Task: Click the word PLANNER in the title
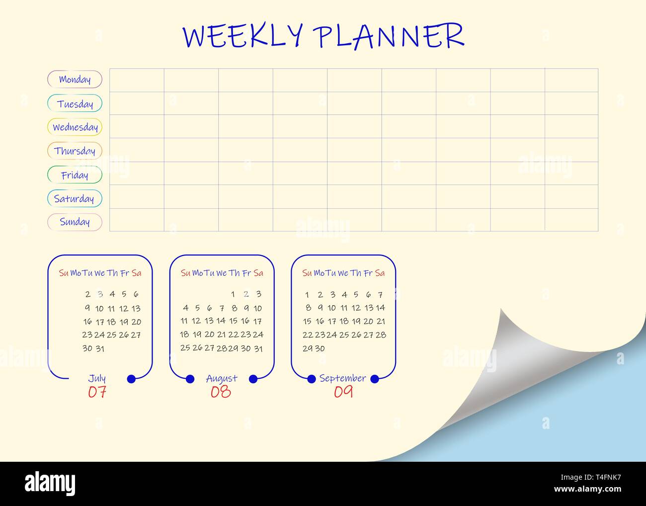tap(389, 36)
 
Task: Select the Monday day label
tap(75, 80)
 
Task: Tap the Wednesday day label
tap(75, 127)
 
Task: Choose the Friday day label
tap(75, 175)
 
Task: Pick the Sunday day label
tap(75, 222)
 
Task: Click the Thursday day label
tap(75, 151)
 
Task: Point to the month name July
tap(96, 379)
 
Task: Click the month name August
tap(222, 379)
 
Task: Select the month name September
tap(343, 379)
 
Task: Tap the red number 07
tap(97, 392)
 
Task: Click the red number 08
tap(221, 392)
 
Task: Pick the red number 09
tap(343, 392)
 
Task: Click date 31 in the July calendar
tap(100, 348)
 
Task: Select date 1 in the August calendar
tap(233, 294)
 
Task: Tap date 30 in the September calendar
tap(320, 348)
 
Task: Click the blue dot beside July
tap(131, 379)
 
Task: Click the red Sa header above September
tap(380, 273)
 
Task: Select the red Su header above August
tap(185, 273)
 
